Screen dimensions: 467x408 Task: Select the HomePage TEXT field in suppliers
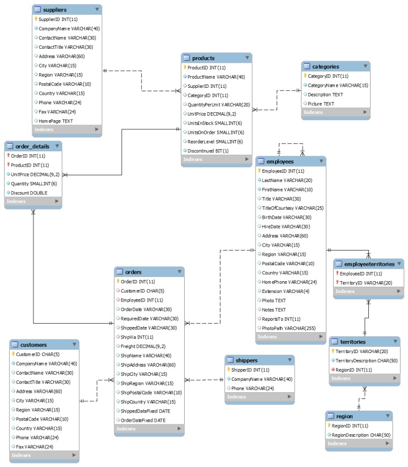[x=56, y=121]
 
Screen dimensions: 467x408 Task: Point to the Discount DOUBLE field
[x=31, y=192]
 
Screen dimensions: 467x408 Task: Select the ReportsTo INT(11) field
[x=281, y=319]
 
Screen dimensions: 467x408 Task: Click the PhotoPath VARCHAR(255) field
[x=288, y=328]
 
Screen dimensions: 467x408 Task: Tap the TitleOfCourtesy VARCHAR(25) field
[x=291, y=207]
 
